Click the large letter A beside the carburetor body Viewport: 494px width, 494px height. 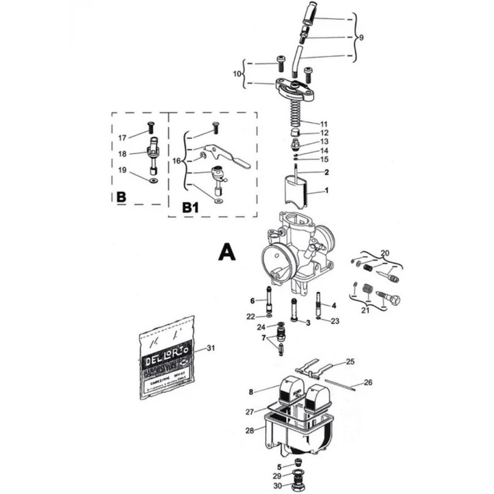tap(227, 252)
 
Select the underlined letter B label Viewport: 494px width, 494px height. tap(121, 197)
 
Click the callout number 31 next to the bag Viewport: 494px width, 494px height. tap(211, 348)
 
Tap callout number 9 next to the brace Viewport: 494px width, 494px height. tap(361, 38)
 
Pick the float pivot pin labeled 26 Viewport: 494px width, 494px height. tap(340, 384)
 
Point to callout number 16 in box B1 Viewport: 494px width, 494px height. tap(176, 161)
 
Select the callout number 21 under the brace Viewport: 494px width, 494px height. tap(366, 310)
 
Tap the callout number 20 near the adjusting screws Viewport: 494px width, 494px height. tap(385, 253)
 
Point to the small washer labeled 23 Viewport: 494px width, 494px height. tap(318, 318)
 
